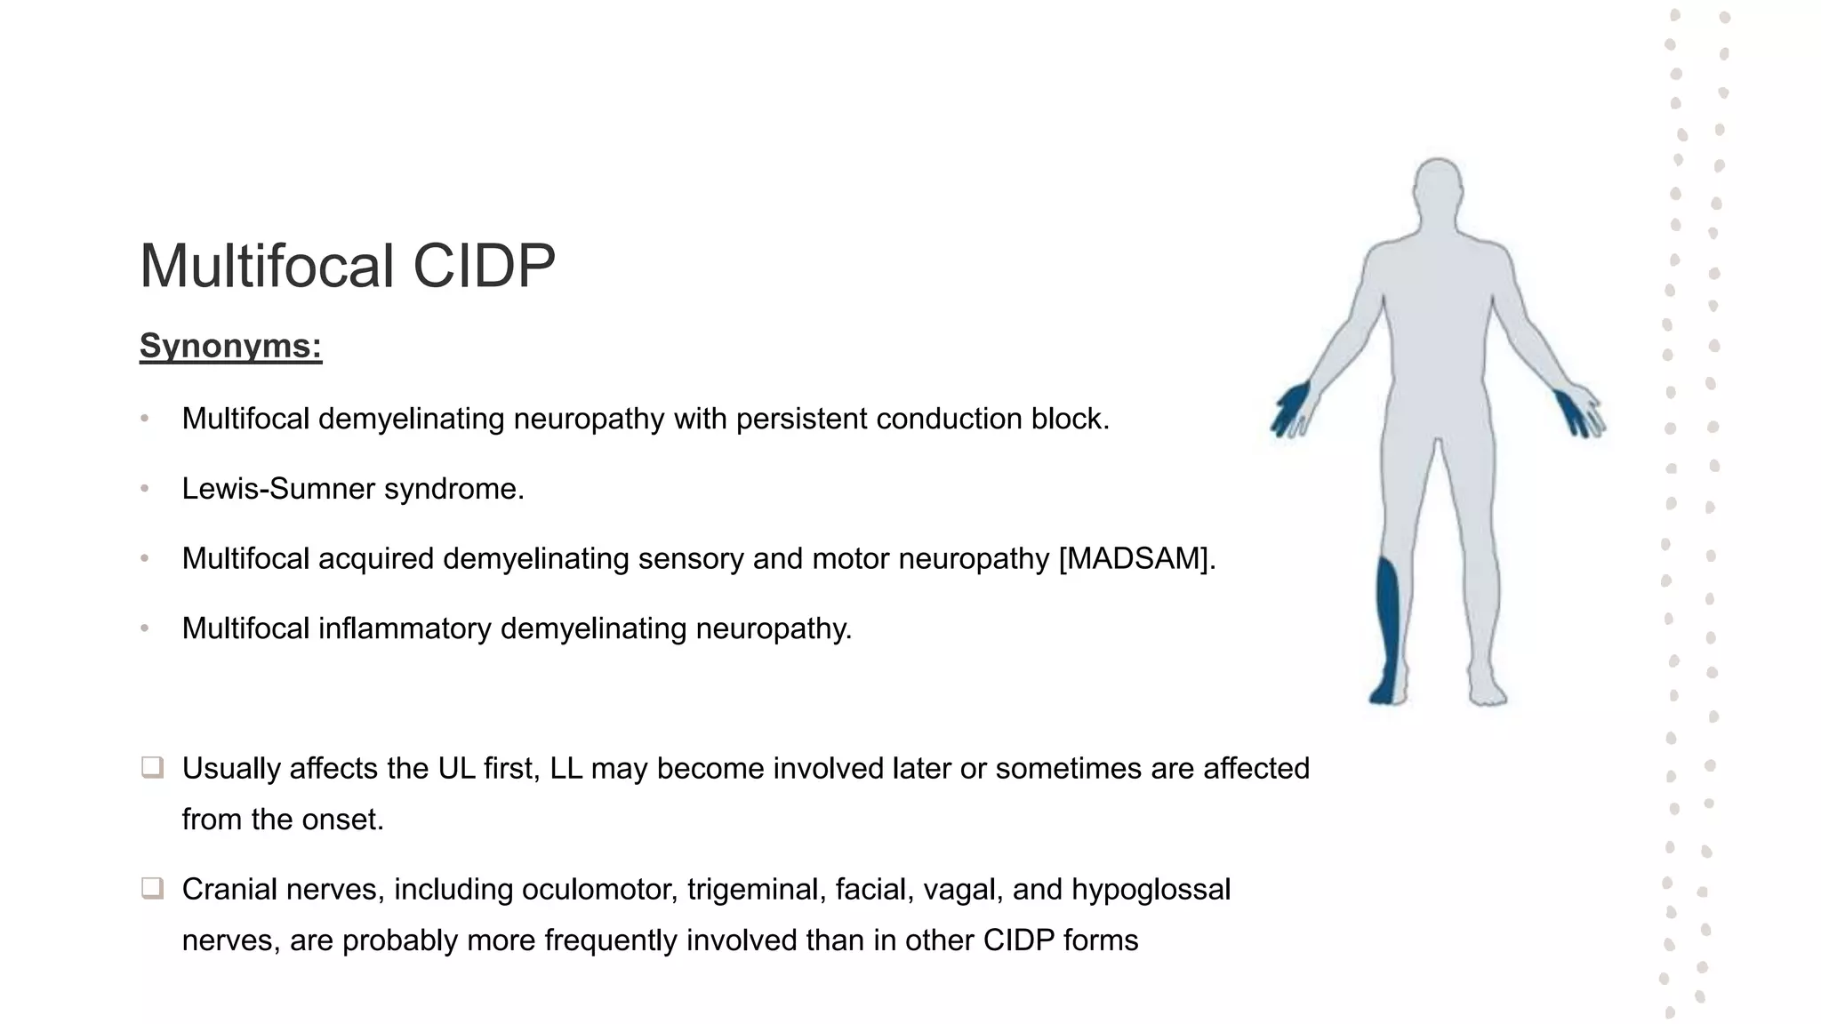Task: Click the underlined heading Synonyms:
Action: [230, 346]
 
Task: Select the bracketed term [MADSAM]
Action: [1136, 559]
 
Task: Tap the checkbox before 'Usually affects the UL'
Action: [152, 767]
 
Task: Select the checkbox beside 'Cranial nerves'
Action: [152, 888]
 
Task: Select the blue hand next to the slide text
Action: [1292, 407]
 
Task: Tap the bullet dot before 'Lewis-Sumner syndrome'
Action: [145, 489]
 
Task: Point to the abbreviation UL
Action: [457, 769]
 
